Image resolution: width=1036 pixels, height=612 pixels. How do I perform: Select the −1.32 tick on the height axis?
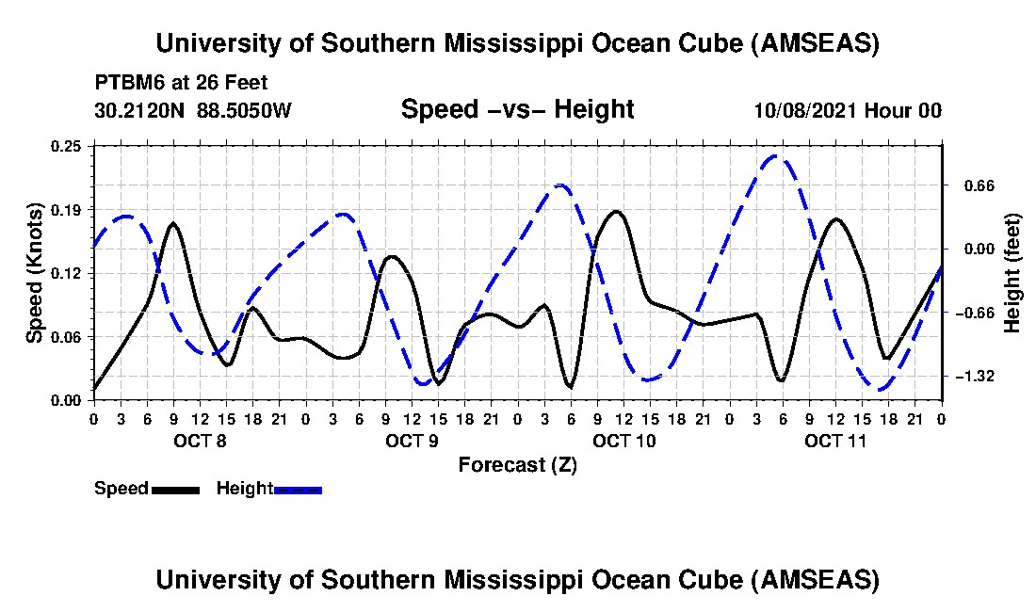(x=973, y=377)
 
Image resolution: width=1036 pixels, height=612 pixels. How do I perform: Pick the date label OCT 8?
(x=199, y=441)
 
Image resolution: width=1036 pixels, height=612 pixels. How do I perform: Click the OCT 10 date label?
(x=624, y=441)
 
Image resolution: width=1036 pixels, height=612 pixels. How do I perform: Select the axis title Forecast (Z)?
(x=517, y=465)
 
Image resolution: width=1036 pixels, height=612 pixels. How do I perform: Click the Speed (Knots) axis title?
(x=35, y=273)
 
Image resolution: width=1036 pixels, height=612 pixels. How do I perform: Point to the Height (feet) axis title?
(x=1012, y=273)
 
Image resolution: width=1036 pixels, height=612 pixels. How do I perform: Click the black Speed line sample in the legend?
(x=175, y=490)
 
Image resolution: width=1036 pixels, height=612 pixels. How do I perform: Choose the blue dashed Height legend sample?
(x=298, y=490)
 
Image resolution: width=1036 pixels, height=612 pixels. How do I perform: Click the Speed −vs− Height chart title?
(x=517, y=109)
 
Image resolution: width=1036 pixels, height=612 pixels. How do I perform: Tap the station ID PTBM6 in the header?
(x=125, y=83)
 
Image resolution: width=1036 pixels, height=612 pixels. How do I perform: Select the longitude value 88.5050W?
(x=245, y=110)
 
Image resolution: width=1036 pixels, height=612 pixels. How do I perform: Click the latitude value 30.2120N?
(x=141, y=110)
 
